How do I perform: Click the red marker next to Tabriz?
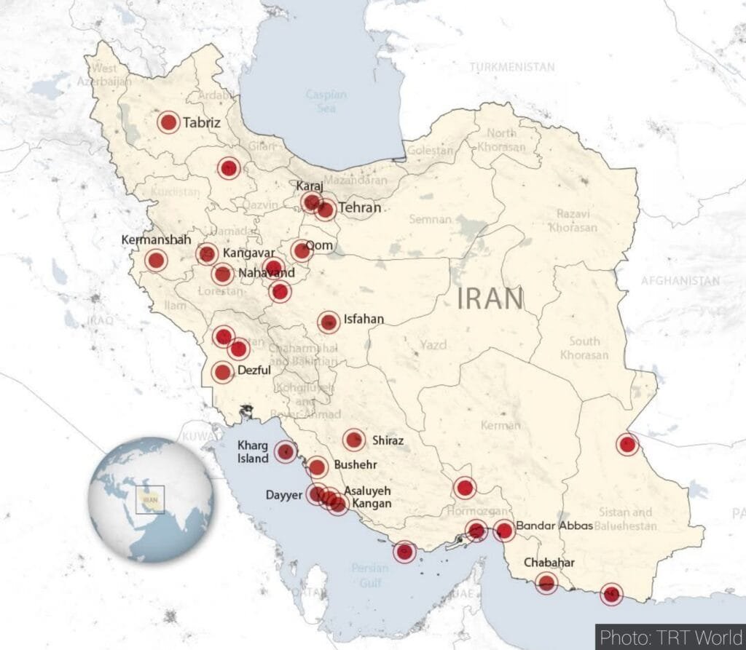pyautogui.click(x=168, y=122)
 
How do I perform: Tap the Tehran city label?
pyautogui.click(x=359, y=208)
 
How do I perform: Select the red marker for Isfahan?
pyautogui.click(x=329, y=322)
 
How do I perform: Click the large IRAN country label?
pyautogui.click(x=490, y=298)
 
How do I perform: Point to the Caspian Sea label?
pyautogui.click(x=326, y=101)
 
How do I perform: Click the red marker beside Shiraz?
pyautogui.click(x=354, y=440)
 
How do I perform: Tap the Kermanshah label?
pyautogui.click(x=157, y=239)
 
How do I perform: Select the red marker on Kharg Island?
pyautogui.click(x=286, y=452)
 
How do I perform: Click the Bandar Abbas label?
pyautogui.click(x=554, y=526)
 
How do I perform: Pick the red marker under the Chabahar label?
pyautogui.click(x=546, y=582)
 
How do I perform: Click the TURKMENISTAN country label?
pyautogui.click(x=511, y=67)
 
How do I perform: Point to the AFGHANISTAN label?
pyautogui.click(x=680, y=280)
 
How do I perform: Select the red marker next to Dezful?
pyautogui.click(x=223, y=372)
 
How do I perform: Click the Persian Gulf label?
pyautogui.click(x=369, y=573)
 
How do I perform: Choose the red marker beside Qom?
pyautogui.click(x=302, y=251)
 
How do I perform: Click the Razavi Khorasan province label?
pyautogui.click(x=577, y=220)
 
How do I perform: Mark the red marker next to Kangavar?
pyautogui.click(x=207, y=254)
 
